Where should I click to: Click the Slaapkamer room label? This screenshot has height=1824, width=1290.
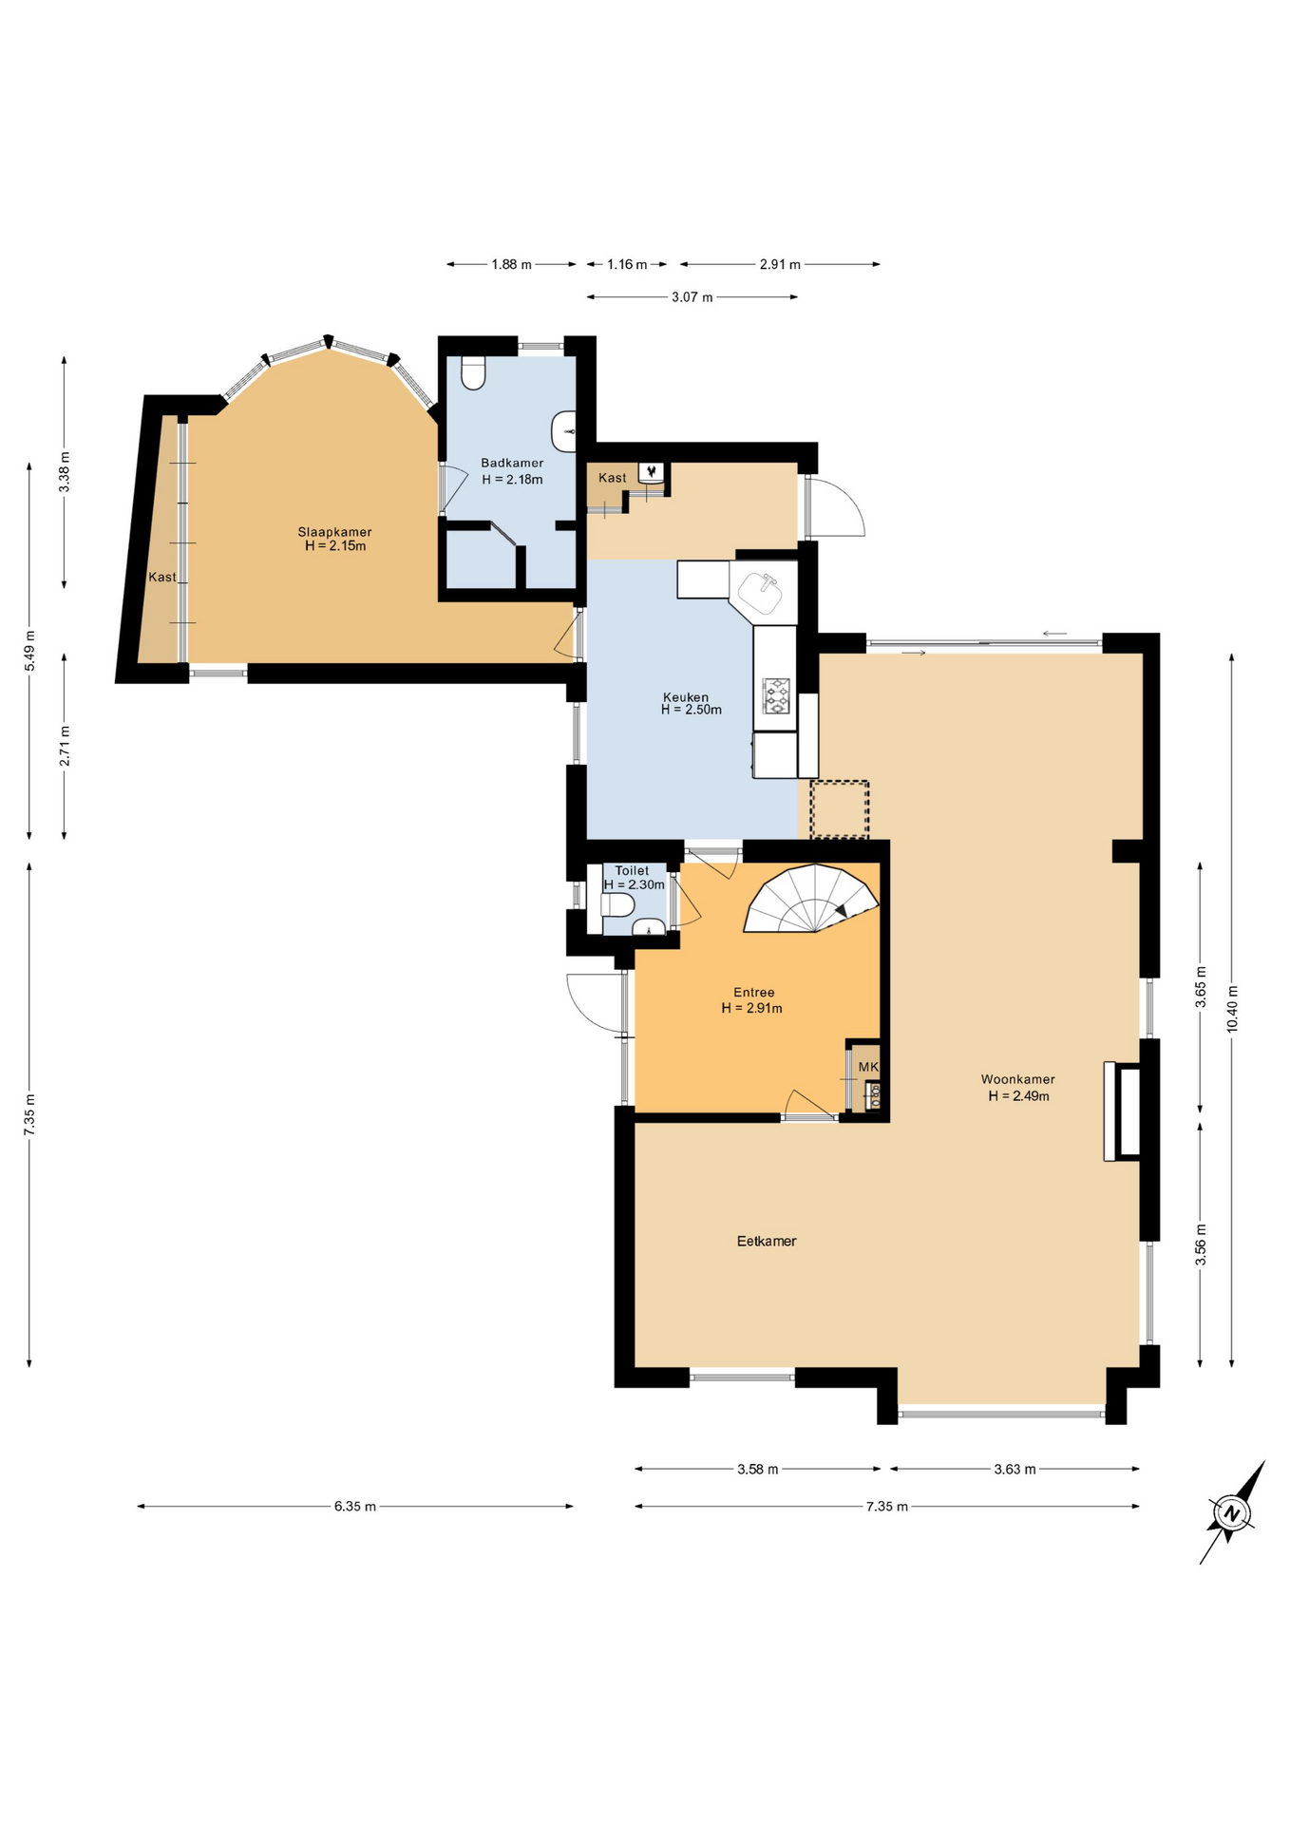[x=334, y=532]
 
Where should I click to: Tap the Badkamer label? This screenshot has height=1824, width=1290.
[x=512, y=464]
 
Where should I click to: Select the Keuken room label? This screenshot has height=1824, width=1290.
[x=686, y=697]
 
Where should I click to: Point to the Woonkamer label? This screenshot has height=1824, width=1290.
[x=1018, y=1079]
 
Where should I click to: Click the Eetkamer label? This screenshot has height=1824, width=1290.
[x=767, y=1241]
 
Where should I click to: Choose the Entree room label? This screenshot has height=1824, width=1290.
[x=754, y=993]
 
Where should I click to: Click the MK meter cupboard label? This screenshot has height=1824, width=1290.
[x=868, y=1067]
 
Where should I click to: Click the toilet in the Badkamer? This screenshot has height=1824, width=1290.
[x=473, y=372]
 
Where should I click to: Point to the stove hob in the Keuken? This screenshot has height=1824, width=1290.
[x=777, y=695]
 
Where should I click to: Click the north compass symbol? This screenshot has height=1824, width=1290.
[x=1232, y=1512]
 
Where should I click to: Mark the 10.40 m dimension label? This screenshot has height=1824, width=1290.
[x=1232, y=1009]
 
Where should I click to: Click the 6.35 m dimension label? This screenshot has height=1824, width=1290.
[x=355, y=1506]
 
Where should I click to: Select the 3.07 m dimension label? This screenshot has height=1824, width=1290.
[x=692, y=297]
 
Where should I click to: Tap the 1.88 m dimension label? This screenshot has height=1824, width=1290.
[x=512, y=264]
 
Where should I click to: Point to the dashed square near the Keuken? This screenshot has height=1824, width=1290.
[x=840, y=809]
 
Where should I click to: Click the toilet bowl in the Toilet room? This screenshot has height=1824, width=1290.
[x=617, y=903]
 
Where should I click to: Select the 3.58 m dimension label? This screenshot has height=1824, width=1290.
[x=758, y=1469]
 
